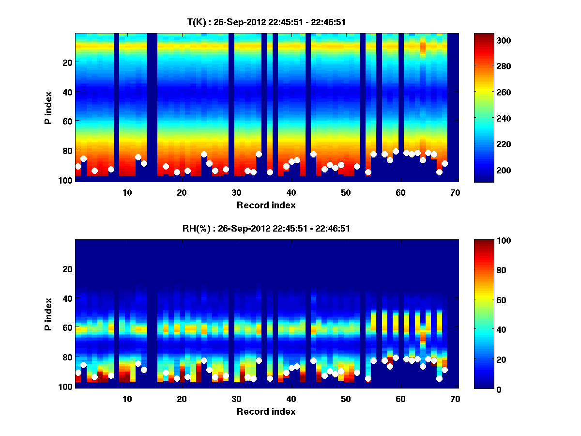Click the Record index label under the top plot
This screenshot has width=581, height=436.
266,205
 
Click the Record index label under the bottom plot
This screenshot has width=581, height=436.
266,411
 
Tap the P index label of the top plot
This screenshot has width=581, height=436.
48,108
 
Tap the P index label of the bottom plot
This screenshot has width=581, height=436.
48,314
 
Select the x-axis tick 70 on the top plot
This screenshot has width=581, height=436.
455,192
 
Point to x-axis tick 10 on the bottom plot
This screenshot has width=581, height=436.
127,399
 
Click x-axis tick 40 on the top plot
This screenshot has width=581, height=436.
291,192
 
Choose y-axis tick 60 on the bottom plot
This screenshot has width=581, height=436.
67,327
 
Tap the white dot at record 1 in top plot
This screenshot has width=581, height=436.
78,166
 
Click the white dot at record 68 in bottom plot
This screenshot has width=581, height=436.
444,370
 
